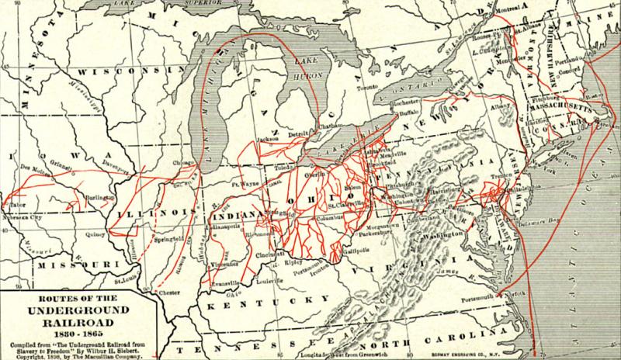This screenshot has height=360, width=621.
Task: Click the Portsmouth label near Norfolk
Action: coord(476,296)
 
